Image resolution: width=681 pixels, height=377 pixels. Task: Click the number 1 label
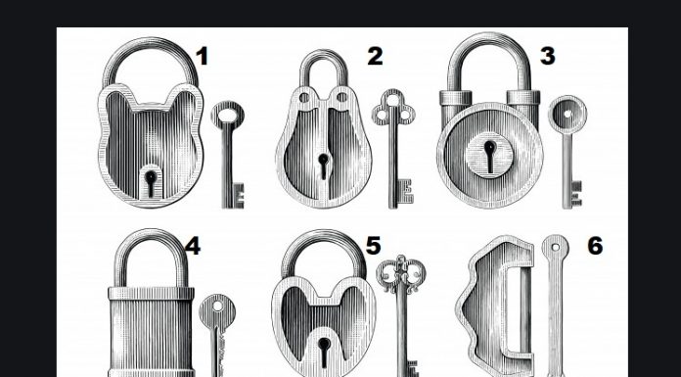click(203, 57)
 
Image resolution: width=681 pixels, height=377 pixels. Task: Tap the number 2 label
click(376, 56)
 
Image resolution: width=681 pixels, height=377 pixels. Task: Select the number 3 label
click(548, 56)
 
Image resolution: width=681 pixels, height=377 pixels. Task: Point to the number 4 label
click(193, 246)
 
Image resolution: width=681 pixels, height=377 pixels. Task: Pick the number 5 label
click(374, 246)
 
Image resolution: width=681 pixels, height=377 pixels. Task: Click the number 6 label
click(595, 246)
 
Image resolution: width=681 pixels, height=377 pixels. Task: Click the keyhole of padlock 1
click(151, 183)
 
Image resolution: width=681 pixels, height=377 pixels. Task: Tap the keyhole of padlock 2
click(323, 165)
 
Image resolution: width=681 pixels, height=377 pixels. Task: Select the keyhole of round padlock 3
click(490, 156)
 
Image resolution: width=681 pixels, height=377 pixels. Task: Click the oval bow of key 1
click(228, 116)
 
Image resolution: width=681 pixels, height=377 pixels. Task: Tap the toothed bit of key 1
click(239, 196)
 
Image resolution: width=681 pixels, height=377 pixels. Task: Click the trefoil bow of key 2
click(393, 108)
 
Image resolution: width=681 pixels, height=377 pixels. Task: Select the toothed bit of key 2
click(406, 191)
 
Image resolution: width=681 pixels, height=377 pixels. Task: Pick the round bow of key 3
click(567, 115)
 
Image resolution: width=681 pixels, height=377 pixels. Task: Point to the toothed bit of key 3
click(576, 194)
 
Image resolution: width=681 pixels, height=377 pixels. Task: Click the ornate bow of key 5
click(401, 273)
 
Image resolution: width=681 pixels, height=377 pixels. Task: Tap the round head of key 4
click(217, 311)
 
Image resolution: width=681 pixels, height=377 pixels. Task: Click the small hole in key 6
click(556, 248)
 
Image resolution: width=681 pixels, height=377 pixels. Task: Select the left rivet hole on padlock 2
click(304, 97)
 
